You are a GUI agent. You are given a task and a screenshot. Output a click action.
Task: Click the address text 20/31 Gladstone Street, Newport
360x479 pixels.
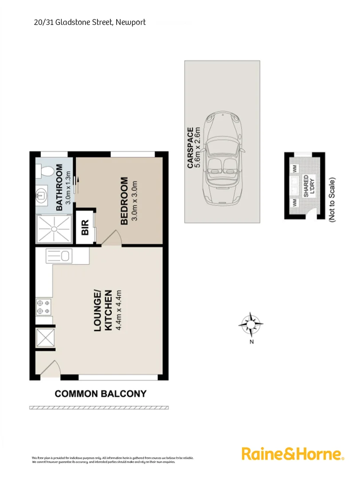pyautogui.click(x=90, y=22)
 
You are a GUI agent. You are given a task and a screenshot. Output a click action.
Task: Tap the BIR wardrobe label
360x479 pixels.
pyautogui.click(x=86, y=227)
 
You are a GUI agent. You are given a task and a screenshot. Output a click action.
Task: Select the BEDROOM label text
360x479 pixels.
pyautogui.click(x=124, y=201)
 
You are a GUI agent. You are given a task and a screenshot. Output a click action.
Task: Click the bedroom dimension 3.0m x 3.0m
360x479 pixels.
pyautogui.click(x=136, y=201)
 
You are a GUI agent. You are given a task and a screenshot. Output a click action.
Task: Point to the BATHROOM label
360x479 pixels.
pyautogui.click(x=59, y=187)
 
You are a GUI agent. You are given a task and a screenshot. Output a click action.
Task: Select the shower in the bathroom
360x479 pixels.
pyautogui.click(x=54, y=229)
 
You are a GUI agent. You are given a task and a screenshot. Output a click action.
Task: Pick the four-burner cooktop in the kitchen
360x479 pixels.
pyautogui.click(x=43, y=306)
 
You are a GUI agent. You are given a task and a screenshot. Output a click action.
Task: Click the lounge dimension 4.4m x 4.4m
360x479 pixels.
pyautogui.click(x=118, y=310)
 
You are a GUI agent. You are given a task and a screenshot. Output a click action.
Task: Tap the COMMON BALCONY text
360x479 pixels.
pyautogui.click(x=100, y=393)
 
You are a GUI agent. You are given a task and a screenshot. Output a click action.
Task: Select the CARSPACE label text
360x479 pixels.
pyautogui.click(x=190, y=147)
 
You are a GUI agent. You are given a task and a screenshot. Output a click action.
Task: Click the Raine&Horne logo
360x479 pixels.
pyautogui.click(x=293, y=454)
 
